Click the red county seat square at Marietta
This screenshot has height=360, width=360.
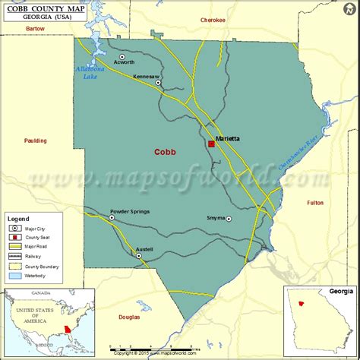pos(211,144)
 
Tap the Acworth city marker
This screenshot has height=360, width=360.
pos(122,56)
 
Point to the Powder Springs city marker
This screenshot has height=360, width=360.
pos(112,218)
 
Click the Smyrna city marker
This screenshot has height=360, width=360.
pos(229,219)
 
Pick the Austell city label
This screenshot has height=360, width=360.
pos(144,249)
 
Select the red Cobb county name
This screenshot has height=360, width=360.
pos(165,152)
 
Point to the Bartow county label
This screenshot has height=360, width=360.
pos(36,28)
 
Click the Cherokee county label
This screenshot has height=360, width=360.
pos(213,20)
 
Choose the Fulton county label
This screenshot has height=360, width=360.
pos(315,203)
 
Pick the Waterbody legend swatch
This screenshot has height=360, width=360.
pos(14,276)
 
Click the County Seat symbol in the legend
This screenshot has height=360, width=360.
pos(14,236)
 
